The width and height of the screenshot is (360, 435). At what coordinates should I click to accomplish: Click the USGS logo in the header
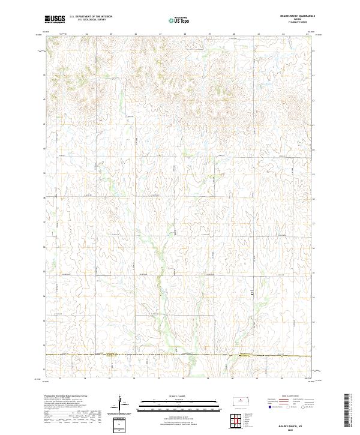[x=55, y=19]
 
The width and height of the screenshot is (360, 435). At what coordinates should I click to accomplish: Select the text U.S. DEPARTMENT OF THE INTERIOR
[x=91, y=17]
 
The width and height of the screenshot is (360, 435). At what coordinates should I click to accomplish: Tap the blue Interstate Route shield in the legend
[x=269, y=406]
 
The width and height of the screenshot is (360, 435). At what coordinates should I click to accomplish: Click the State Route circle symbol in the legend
[x=302, y=406]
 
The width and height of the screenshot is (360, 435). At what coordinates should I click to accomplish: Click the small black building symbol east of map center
[x=253, y=293]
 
